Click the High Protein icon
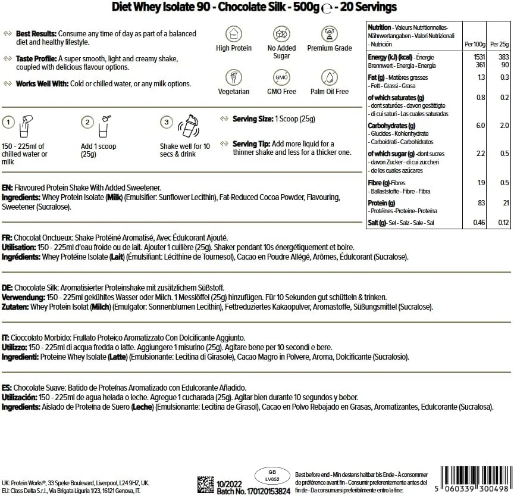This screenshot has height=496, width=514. (233, 33)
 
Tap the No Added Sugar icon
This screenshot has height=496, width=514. (281, 33)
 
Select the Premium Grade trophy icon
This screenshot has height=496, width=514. (329, 33)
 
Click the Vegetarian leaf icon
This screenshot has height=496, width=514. (233, 77)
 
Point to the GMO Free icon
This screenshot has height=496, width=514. (281, 77)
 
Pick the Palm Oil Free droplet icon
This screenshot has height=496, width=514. (329, 77)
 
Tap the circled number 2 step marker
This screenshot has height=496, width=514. (87, 123)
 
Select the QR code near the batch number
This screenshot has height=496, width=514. (206, 484)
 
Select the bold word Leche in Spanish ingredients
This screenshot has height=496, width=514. (140, 407)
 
